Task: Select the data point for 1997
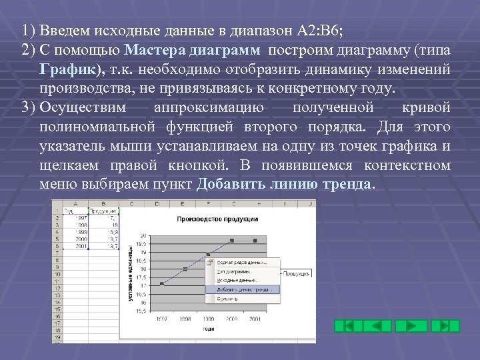click(162, 284)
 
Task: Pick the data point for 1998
click(185, 269)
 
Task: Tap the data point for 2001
click(255, 240)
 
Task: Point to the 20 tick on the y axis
click(143, 235)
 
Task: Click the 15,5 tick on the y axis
click(142, 311)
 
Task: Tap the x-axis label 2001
click(255, 319)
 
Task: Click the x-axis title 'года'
click(209, 329)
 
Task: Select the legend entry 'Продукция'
click(297, 273)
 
